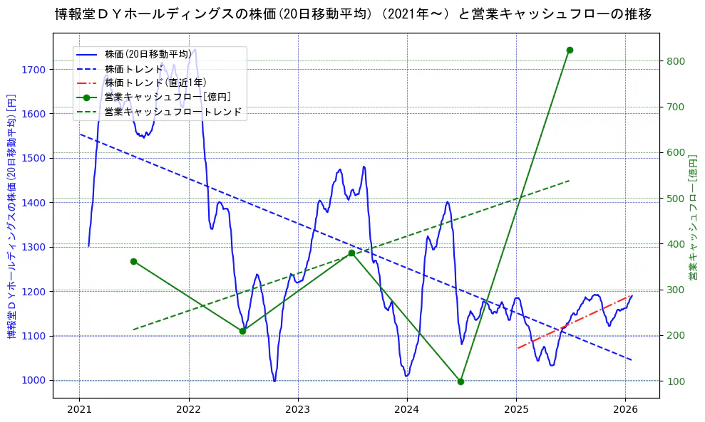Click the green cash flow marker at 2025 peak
[x=570, y=50]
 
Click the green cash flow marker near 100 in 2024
[x=460, y=381]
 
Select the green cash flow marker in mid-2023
[x=351, y=253]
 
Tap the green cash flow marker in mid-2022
[x=242, y=331]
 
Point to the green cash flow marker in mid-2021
[x=133, y=261]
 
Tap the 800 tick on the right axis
[x=675, y=61]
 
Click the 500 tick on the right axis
[x=675, y=199]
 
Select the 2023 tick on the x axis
[x=297, y=410]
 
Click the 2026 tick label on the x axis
[x=625, y=410]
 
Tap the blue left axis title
[x=11, y=216]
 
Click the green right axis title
[x=692, y=216]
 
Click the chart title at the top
[x=353, y=14]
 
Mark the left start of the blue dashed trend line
[x=80, y=134]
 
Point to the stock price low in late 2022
[x=274, y=381]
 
